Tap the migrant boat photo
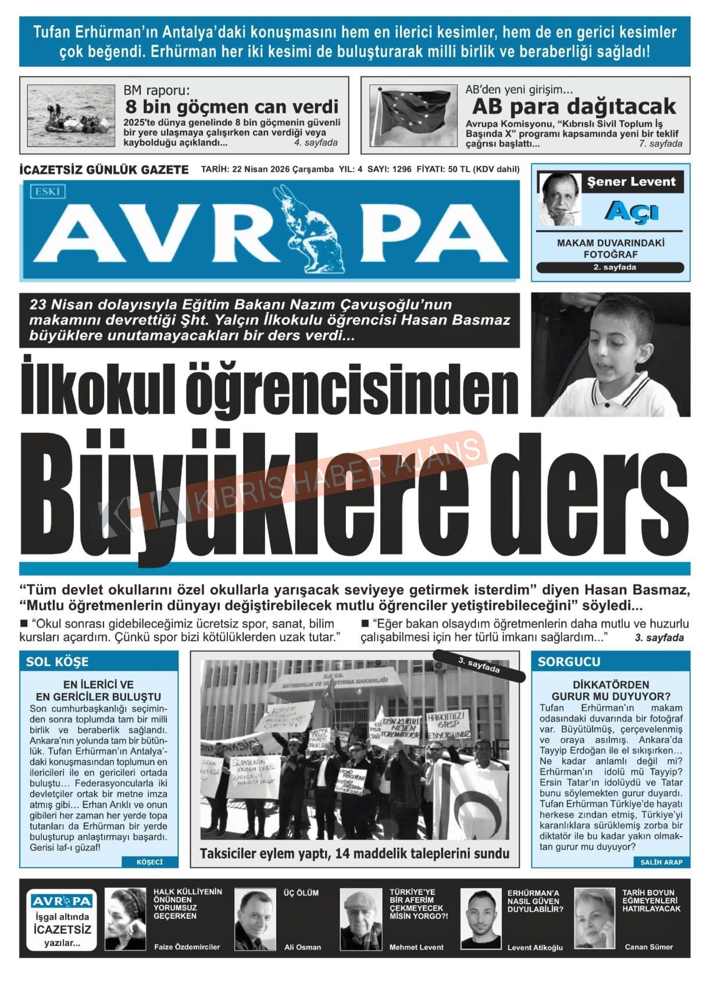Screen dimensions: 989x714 pos(71,115)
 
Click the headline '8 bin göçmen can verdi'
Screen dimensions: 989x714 pos(231,107)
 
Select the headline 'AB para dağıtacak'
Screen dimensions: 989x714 pos(573,106)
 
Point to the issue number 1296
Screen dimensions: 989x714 pos(402,169)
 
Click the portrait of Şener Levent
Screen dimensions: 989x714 pos(560,198)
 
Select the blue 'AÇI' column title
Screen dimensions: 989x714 pos(631,211)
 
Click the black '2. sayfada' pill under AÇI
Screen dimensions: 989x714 pos(610,268)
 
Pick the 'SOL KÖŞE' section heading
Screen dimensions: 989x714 pos(57,661)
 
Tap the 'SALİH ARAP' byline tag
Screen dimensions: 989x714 pos(661,862)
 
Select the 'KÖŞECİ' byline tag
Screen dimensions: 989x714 pos(149,862)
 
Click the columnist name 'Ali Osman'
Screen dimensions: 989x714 pos(302,947)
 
